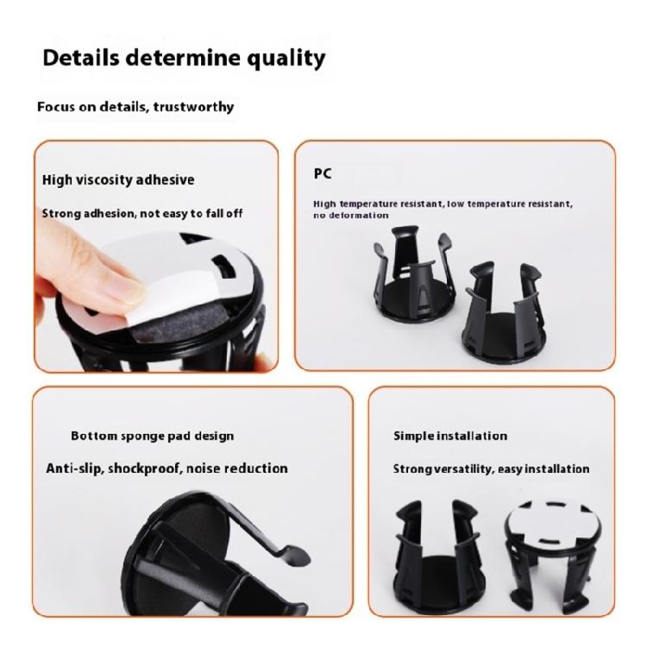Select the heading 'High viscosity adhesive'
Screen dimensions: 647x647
(118, 179)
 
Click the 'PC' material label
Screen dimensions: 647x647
(323, 173)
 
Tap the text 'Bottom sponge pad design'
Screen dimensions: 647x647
(152, 436)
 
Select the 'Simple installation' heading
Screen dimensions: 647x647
(450, 436)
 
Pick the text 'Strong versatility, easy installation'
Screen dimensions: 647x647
(491, 468)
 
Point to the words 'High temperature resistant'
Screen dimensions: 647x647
(371, 204)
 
